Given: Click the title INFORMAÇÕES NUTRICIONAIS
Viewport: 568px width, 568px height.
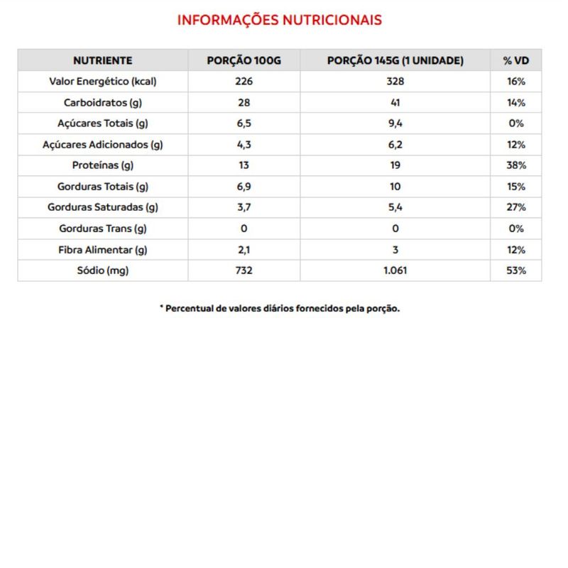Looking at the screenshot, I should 279,20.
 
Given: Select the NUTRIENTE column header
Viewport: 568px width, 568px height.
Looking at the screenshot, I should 102,60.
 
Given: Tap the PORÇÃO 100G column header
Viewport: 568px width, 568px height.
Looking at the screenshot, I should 244,60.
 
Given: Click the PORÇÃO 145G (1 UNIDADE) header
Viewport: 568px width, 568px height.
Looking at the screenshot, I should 395,60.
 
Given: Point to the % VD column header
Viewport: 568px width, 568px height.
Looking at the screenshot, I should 516,60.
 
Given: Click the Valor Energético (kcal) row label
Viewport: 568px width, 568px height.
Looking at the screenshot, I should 102,81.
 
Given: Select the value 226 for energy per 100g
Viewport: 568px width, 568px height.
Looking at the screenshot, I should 244,81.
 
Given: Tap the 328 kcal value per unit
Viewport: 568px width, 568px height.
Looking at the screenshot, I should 395,81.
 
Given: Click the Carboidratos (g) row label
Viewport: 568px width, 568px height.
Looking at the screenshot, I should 102,102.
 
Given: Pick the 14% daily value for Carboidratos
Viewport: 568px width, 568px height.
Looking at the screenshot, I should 516,102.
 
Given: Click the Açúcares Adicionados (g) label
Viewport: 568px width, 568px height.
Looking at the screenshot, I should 102,144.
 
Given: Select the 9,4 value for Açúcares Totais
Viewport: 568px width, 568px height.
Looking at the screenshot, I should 395,123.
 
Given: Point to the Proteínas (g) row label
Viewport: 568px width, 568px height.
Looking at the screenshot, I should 102,165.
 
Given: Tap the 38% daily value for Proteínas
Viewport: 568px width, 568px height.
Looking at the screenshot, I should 516,165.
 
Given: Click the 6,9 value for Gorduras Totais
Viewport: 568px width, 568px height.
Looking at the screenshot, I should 244,187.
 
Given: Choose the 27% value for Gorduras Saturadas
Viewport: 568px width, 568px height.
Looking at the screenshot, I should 516,207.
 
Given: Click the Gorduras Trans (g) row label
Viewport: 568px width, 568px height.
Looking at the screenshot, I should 102,229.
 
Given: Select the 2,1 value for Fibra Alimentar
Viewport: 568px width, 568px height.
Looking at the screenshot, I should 244,250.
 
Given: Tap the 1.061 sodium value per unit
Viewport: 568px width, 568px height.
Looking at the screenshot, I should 395,271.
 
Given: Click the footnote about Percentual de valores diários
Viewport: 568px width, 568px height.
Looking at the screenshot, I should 279,309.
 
